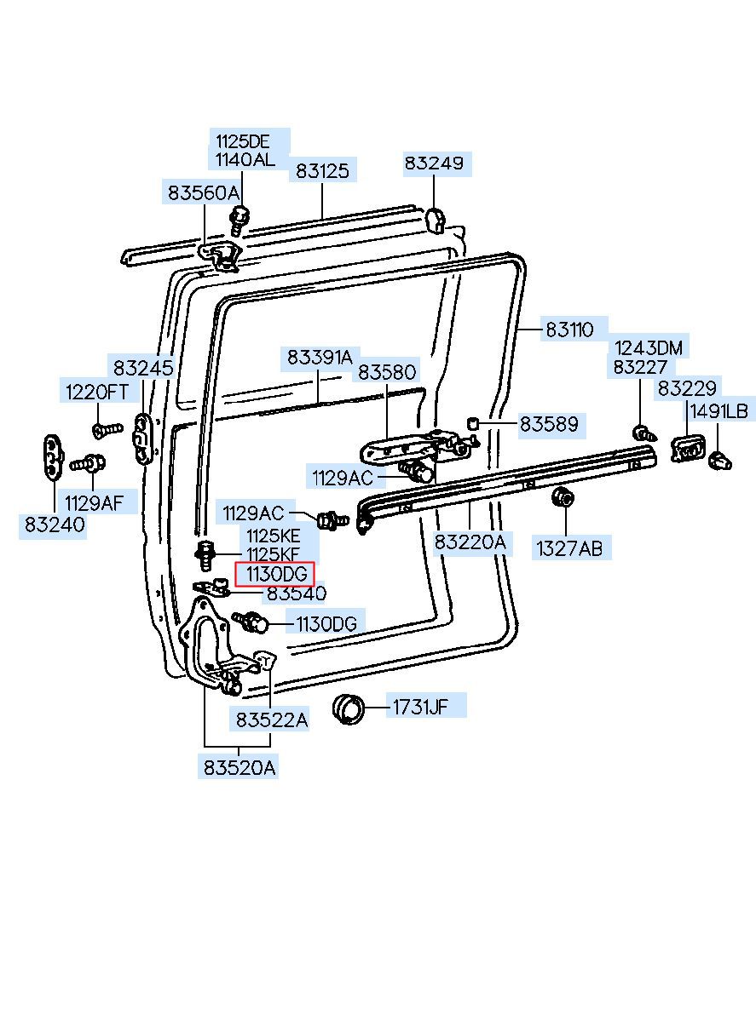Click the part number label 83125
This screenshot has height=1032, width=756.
(322, 170)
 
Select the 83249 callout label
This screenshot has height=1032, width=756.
(434, 163)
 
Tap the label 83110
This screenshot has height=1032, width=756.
(569, 330)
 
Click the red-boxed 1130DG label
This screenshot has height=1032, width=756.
(274, 574)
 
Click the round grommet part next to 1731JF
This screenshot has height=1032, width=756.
(349, 708)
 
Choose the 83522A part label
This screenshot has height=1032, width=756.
(272, 720)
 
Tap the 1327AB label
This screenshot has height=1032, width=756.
(569, 548)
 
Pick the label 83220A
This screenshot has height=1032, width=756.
(470, 542)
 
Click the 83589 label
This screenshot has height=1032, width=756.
(549, 424)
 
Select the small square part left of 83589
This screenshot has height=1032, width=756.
(471, 423)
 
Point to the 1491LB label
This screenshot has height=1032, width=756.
(718, 411)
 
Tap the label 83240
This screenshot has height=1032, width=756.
(55, 525)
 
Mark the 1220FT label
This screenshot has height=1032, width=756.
(97, 393)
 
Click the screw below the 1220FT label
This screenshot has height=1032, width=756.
(107, 430)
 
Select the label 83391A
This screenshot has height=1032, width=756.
(320, 357)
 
